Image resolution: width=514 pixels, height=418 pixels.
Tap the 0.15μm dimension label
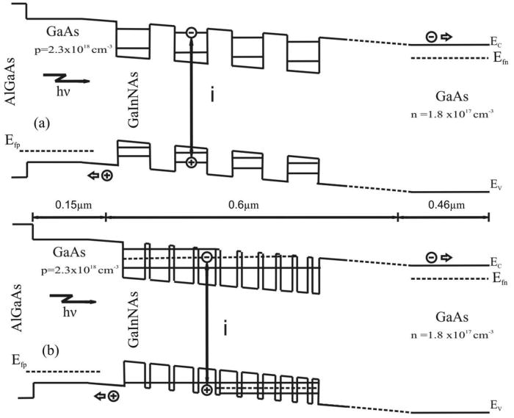(69, 207)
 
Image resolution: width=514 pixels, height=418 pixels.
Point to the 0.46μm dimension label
(444, 207)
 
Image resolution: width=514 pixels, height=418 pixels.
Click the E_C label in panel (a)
(497, 44)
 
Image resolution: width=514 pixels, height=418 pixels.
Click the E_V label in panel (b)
(497, 405)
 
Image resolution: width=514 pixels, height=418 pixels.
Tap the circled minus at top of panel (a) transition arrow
(191, 32)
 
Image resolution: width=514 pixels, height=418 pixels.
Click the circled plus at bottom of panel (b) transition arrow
(207, 389)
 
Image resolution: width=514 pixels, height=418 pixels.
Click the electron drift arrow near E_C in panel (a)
(441, 36)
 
